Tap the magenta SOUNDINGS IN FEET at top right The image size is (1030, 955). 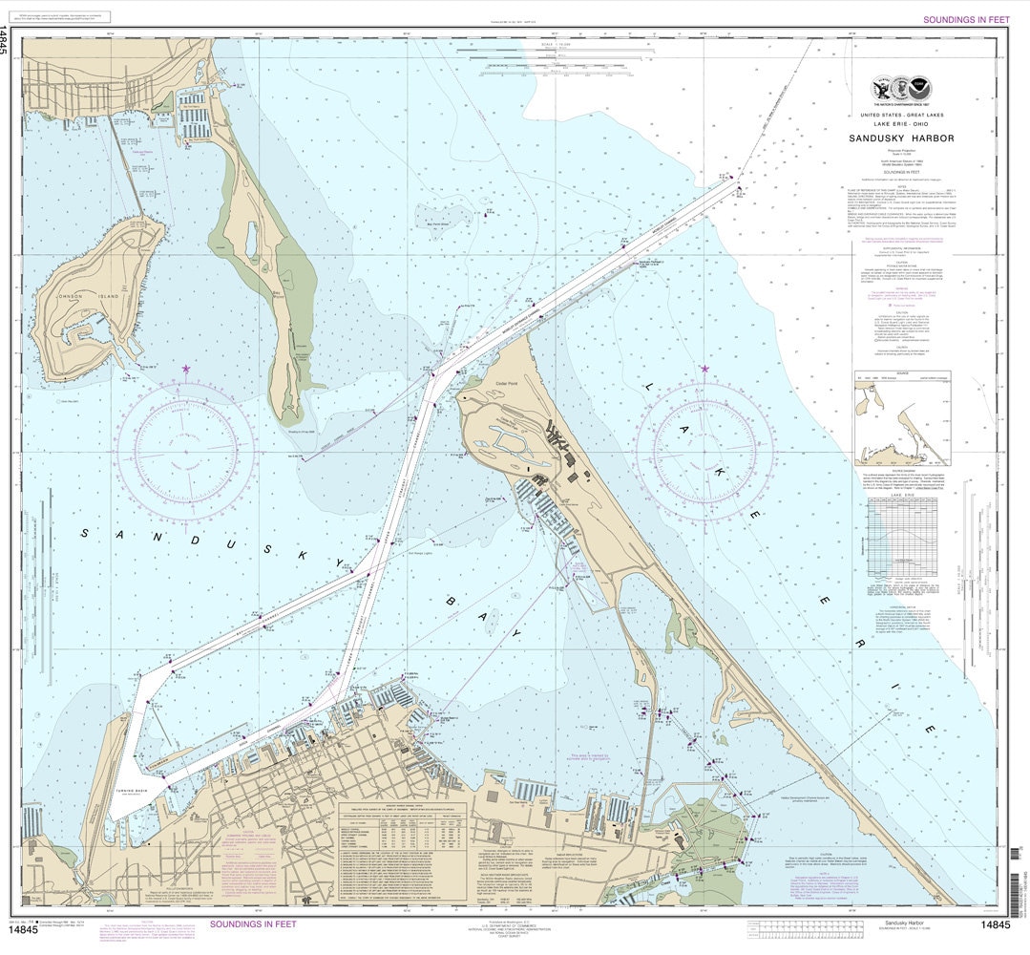(965, 19)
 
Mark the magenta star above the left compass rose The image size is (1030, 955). (186, 369)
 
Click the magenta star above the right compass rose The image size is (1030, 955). (705, 369)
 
